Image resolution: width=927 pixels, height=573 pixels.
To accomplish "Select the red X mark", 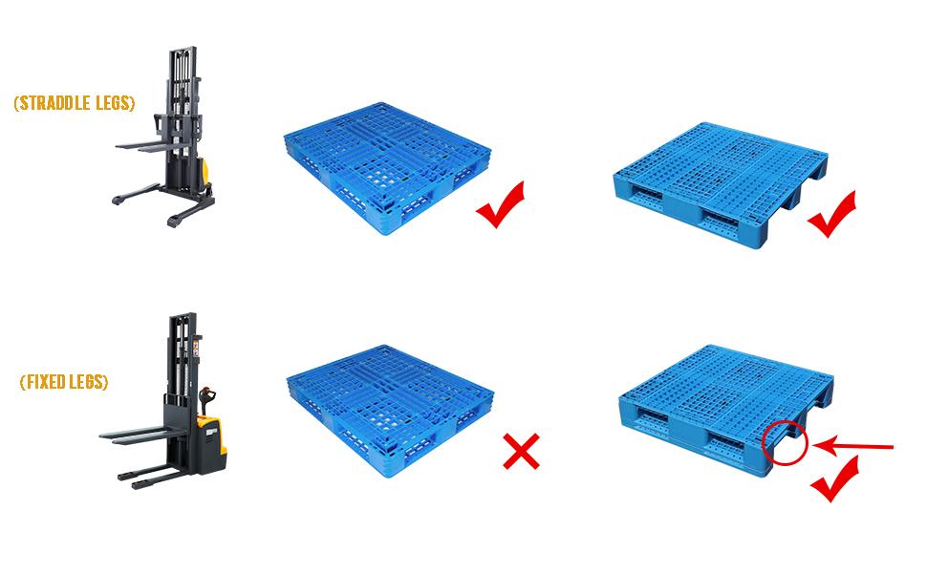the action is tap(521, 452).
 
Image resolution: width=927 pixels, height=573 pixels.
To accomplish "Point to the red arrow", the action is tap(852, 446).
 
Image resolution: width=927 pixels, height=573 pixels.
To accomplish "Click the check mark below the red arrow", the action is tap(834, 478).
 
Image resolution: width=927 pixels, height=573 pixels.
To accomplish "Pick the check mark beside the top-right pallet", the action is tap(831, 214).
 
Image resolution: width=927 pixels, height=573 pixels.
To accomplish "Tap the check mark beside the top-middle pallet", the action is tap(500, 204).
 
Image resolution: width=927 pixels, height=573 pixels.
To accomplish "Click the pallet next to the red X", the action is tap(390, 411).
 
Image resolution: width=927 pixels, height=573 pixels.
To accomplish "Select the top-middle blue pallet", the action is tap(387, 168).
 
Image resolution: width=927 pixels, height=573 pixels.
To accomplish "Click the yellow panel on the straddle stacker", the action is tap(205, 171).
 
